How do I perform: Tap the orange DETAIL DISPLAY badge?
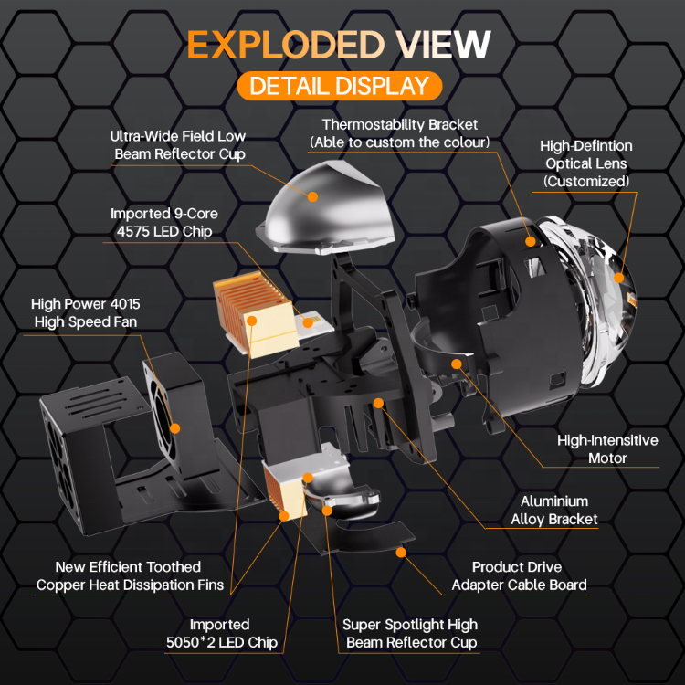(x=339, y=86)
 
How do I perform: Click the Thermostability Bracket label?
(x=400, y=133)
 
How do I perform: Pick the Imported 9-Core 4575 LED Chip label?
(x=164, y=222)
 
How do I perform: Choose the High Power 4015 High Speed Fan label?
(x=86, y=312)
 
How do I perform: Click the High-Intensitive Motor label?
(x=607, y=448)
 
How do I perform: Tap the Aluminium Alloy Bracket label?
(x=554, y=510)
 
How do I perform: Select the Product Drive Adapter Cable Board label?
(x=519, y=576)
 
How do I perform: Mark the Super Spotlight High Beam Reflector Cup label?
(x=411, y=633)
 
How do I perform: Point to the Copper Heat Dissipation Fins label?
(x=131, y=576)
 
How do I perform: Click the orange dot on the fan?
(x=174, y=427)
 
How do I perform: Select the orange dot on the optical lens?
(x=618, y=279)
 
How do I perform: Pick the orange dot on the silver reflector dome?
(x=311, y=195)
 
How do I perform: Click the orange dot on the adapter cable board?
(x=399, y=552)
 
